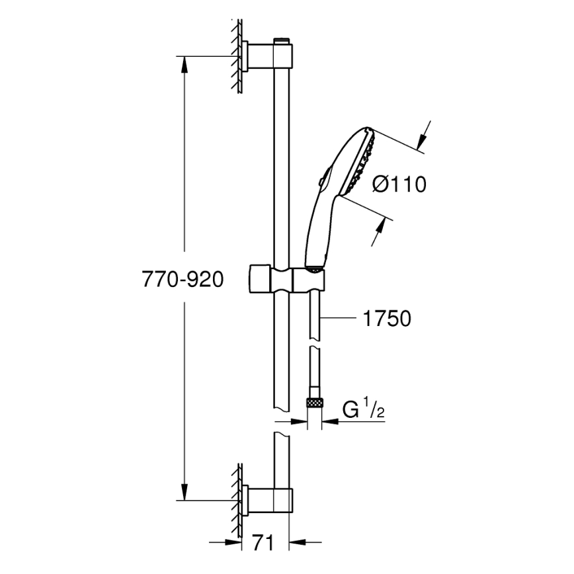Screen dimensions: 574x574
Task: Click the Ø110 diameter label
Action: (399, 184)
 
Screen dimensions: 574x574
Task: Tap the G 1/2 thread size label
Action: (363, 409)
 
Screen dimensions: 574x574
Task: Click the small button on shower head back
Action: (320, 179)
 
